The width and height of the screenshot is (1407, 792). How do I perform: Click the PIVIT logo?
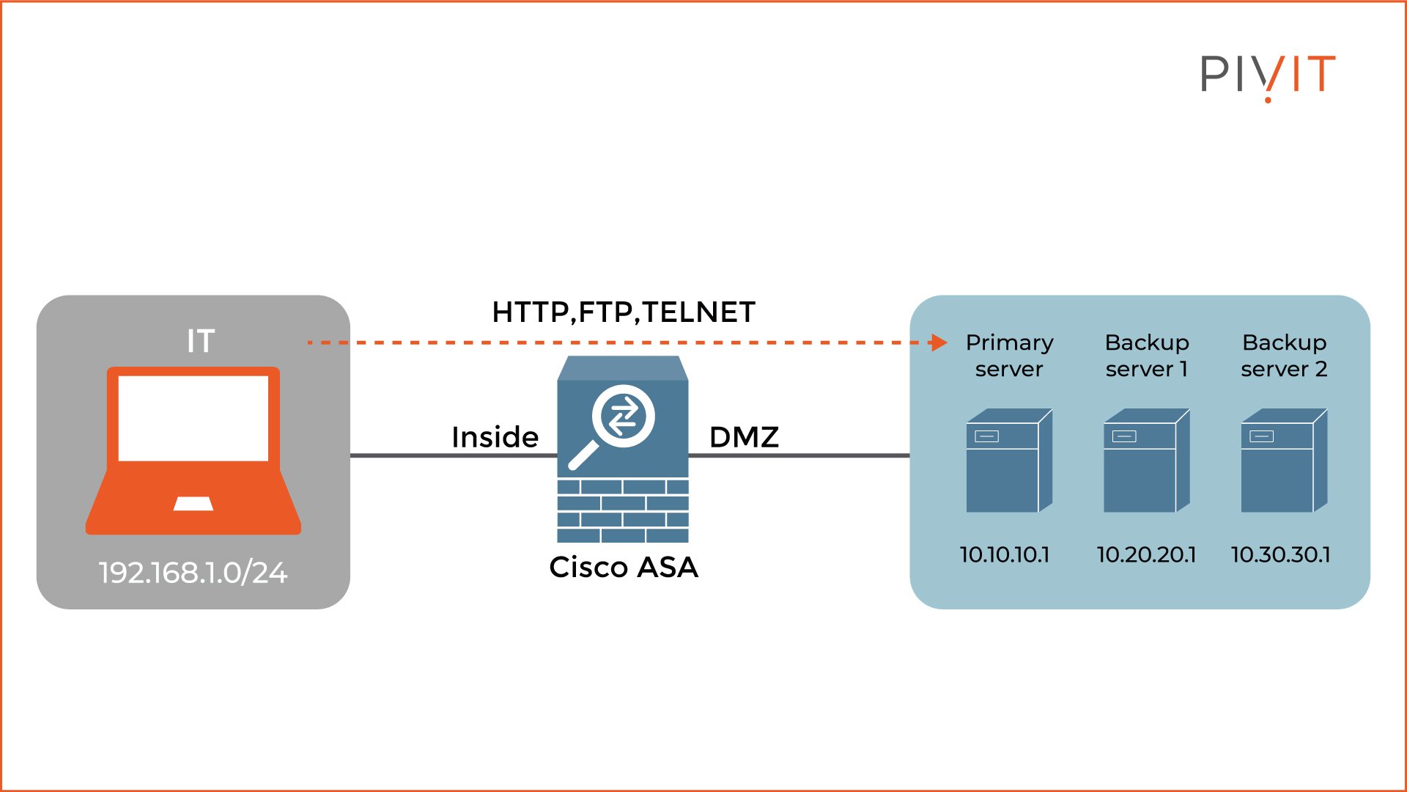click(x=1268, y=75)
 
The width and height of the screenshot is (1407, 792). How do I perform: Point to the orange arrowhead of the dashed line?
click(x=938, y=342)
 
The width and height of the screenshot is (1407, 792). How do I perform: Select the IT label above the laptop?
click(x=200, y=341)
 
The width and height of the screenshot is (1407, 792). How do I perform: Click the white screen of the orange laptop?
click(x=193, y=418)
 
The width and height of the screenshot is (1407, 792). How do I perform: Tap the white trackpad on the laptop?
click(x=193, y=504)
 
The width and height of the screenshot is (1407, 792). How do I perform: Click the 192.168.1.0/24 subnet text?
click(x=193, y=573)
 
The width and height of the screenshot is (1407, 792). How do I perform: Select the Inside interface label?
click(x=495, y=437)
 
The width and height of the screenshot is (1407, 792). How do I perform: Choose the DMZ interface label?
click(x=744, y=437)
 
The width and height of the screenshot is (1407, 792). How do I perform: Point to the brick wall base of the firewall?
click(x=623, y=510)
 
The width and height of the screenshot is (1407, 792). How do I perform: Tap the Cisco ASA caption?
click(x=624, y=567)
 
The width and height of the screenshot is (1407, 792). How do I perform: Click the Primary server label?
click(x=1009, y=356)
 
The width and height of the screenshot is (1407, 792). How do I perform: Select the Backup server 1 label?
click(x=1147, y=356)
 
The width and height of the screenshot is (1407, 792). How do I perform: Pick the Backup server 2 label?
click(x=1285, y=356)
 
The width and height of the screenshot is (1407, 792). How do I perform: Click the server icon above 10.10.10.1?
click(x=1009, y=461)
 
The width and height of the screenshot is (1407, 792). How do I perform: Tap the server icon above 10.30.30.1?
click(x=1284, y=461)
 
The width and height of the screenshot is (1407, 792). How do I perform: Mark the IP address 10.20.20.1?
click(x=1146, y=554)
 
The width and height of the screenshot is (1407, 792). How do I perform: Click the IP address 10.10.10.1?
click(x=1005, y=554)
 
